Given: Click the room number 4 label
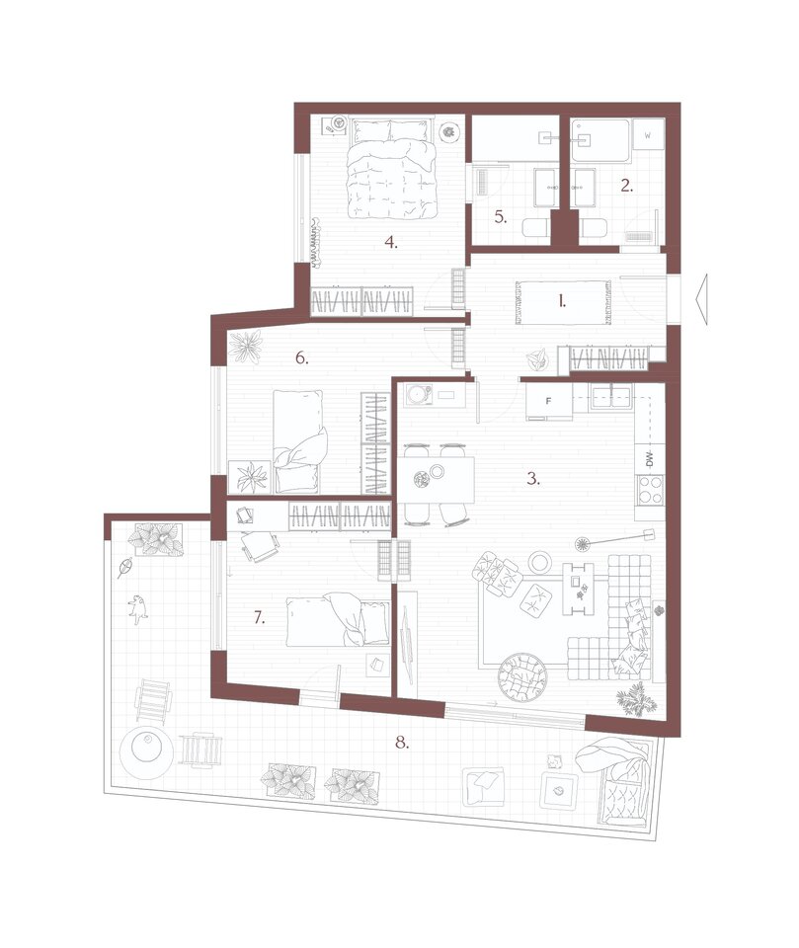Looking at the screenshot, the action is [391, 243].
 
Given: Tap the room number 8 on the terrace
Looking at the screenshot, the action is [402, 743].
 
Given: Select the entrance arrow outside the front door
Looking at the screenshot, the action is [701, 299].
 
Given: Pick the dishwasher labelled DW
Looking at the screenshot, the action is [650, 460].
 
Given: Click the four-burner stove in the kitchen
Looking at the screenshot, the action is [650, 491].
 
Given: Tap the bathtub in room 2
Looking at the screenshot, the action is [600, 140].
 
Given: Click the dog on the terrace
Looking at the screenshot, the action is [138, 609].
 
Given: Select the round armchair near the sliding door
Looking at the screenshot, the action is [523, 677].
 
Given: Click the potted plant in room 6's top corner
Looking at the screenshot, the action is [245, 347].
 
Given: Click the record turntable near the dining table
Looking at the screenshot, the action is [418, 396].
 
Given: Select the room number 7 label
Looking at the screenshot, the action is [260, 618].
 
